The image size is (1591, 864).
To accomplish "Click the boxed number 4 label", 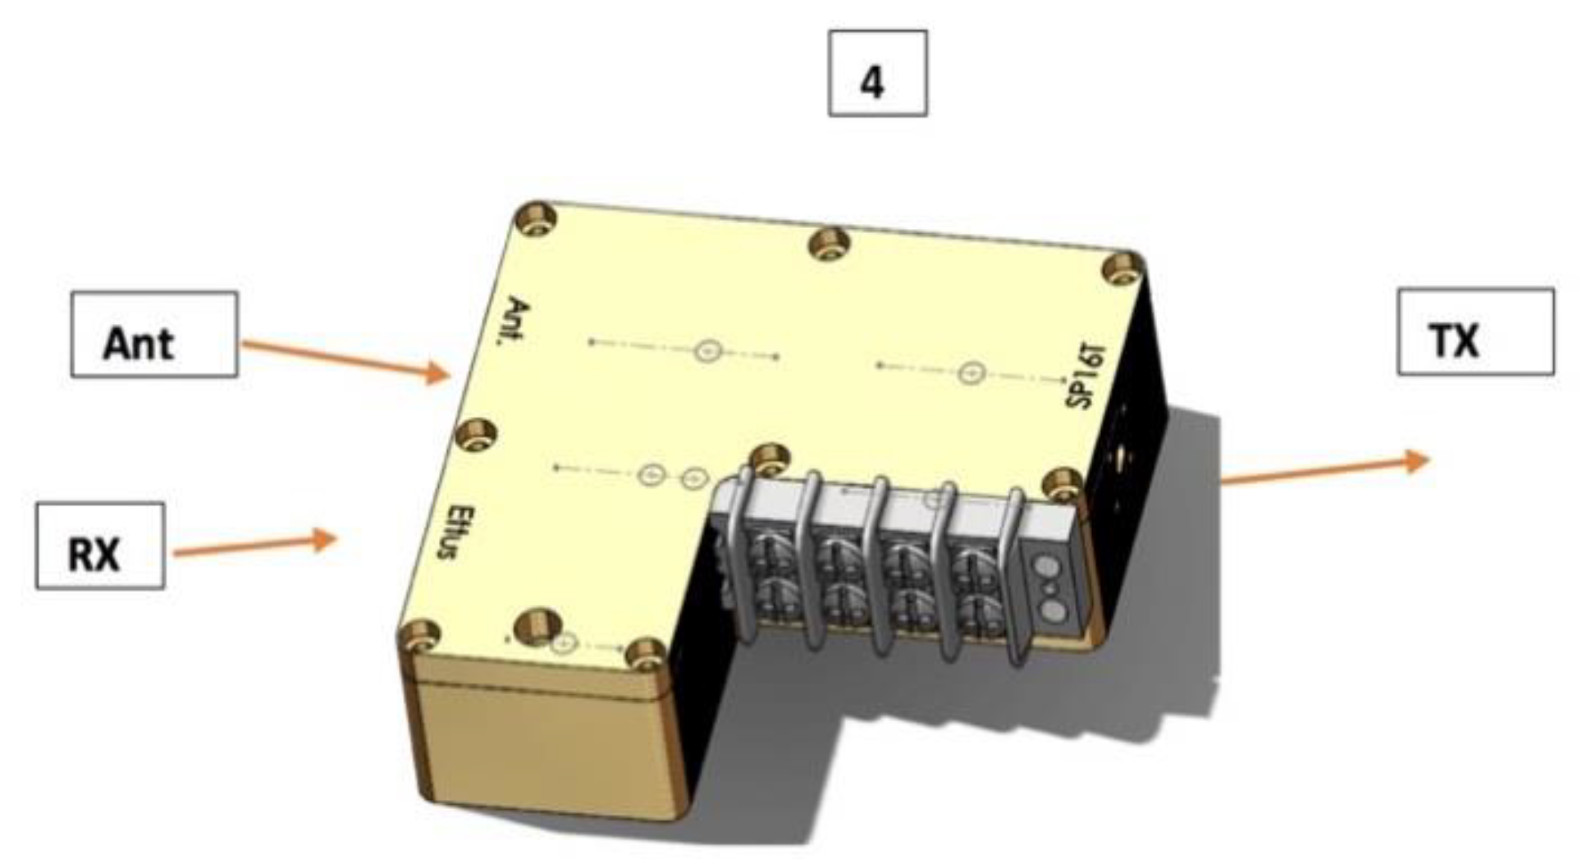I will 877,74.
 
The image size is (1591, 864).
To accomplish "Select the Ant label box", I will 154,335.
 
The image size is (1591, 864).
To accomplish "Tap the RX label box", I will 100,546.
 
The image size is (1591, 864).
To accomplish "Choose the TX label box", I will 1474,332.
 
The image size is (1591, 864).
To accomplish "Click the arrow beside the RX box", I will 254,545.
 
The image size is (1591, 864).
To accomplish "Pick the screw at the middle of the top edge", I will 830,244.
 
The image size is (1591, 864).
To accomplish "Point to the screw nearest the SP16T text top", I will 1122,270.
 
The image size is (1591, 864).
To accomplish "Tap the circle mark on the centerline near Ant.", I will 707,351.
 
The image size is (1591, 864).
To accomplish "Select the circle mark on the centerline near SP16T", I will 972,373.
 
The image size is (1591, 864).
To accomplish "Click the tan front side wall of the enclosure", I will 542,743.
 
